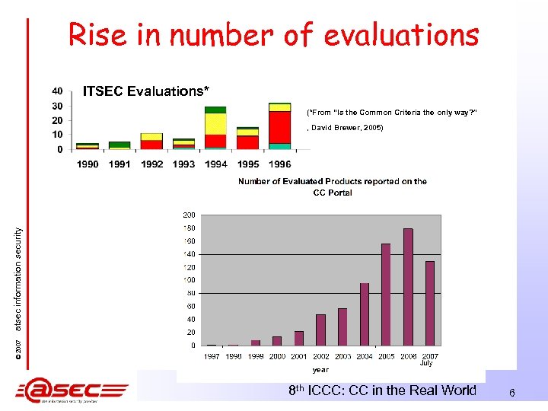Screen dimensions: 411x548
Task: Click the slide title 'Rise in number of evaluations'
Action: [x=273, y=34]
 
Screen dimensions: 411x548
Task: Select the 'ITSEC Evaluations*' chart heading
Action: [x=145, y=92]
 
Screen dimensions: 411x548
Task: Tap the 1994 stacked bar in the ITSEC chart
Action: [x=215, y=129]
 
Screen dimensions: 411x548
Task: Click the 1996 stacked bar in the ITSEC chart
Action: [x=279, y=126]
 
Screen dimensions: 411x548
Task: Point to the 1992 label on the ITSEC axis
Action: [x=151, y=164]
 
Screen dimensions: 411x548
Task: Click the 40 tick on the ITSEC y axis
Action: [x=58, y=91]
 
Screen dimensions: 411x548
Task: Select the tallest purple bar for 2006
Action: [x=408, y=287]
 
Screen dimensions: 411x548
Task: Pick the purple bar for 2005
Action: [x=386, y=295]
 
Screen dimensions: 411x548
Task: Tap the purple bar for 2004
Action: [x=364, y=314]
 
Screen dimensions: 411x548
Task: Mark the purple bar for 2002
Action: [x=320, y=330]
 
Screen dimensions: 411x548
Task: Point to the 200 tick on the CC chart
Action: [x=188, y=215]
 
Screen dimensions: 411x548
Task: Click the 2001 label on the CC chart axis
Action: [x=299, y=356]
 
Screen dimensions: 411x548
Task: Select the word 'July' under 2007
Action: [x=426, y=364]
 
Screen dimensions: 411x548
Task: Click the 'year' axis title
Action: [x=320, y=370]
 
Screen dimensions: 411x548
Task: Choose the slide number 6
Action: [x=512, y=393]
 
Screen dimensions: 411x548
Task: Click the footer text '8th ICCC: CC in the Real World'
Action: [x=383, y=390]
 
